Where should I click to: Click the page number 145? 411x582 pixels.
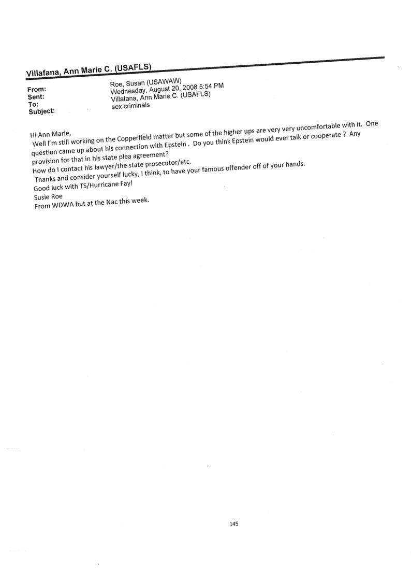[x=233, y=509]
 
